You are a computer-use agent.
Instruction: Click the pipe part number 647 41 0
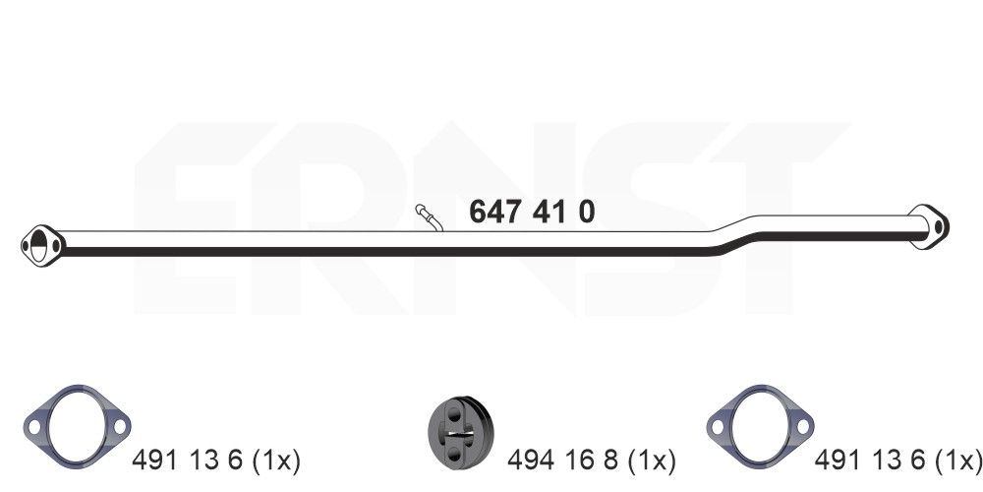pyautogui.click(x=532, y=212)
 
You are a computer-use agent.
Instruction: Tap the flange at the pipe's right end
pyautogui.click(x=927, y=224)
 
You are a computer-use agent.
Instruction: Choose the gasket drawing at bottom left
pyautogui.click(x=77, y=425)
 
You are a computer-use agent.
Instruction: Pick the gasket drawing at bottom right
pyautogui.click(x=760, y=425)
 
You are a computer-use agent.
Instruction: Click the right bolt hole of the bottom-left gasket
pyautogui.click(x=119, y=426)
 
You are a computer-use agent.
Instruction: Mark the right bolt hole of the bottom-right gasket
pyautogui.click(x=802, y=426)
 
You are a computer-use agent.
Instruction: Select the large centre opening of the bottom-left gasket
pyautogui.click(x=77, y=425)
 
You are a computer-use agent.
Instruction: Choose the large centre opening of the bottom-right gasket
pyautogui.click(x=760, y=425)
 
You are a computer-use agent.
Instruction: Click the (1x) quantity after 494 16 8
pyautogui.click(x=652, y=460)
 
